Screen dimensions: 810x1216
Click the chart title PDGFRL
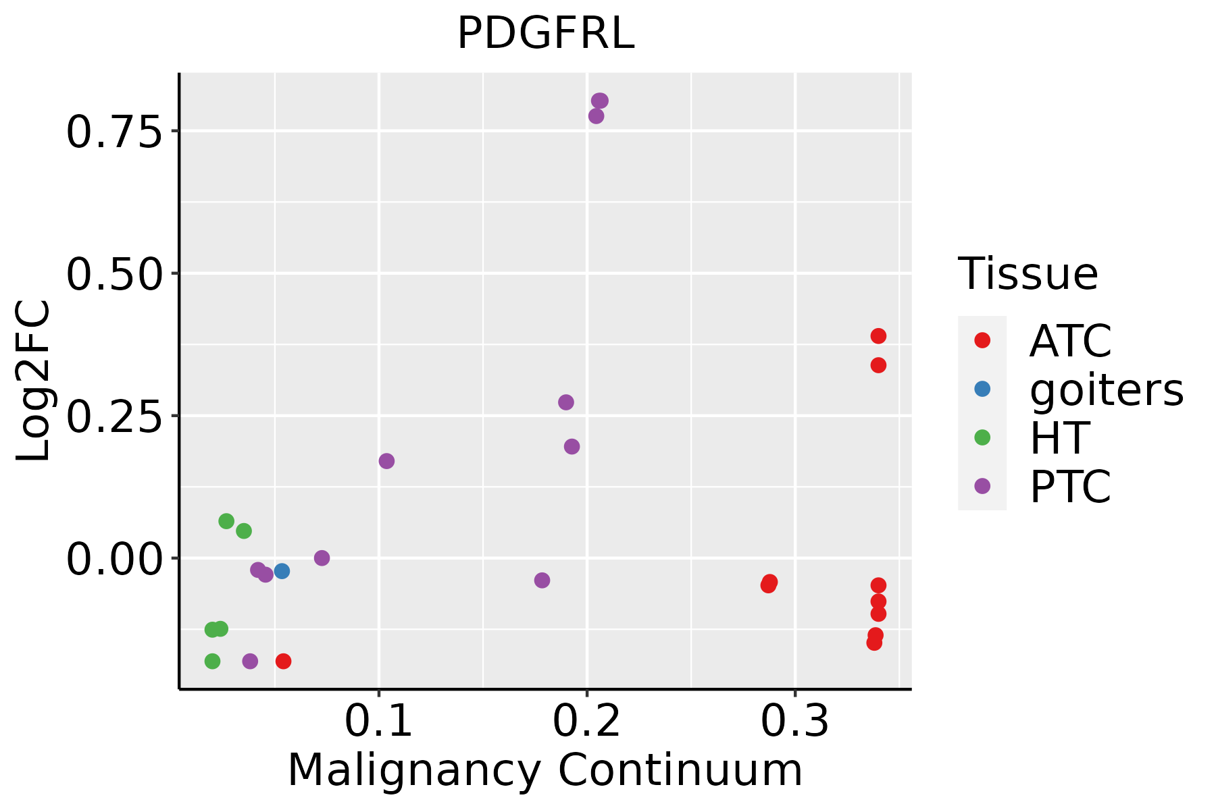point(546,34)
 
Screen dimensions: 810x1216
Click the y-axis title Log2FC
point(34,381)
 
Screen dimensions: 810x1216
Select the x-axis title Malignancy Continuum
point(545,770)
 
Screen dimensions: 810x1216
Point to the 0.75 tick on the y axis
point(113,132)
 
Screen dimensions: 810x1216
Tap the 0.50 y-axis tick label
point(113,274)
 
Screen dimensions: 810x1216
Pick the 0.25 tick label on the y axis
point(113,416)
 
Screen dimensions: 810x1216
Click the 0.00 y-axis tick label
point(113,560)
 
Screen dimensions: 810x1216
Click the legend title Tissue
point(1028,274)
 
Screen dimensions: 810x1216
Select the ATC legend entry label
point(1070,341)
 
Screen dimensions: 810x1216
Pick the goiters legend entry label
point(1107,389)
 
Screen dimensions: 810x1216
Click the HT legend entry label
point(1059,438)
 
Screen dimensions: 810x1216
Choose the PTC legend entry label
point(1070,487)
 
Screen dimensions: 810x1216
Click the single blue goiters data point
point(282,571)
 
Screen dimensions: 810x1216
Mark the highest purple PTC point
point(600,101)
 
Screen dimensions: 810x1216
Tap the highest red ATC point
point(878,336)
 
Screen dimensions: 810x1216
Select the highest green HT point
point(226,521)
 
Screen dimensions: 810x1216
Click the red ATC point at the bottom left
point(284,661)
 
